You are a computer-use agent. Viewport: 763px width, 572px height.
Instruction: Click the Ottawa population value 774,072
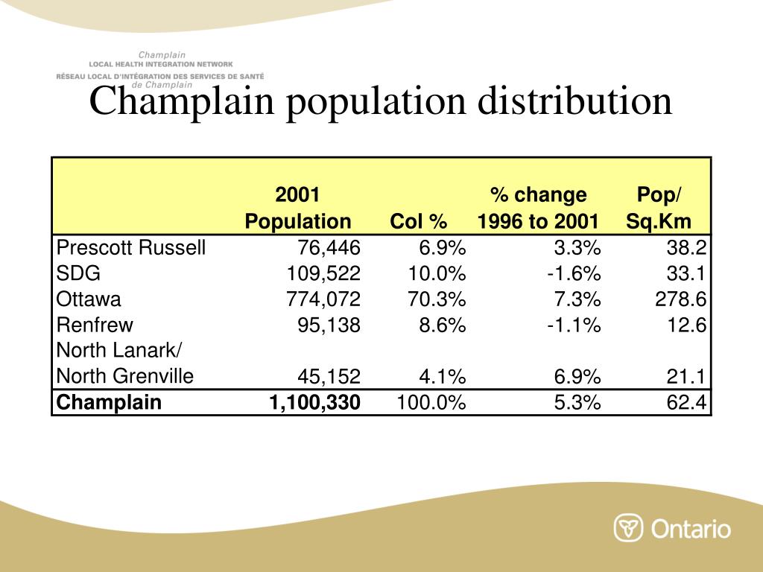point(323,299)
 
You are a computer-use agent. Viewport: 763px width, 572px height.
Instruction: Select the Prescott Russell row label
point(131,248)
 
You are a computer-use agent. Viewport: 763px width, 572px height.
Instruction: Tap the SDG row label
point(78,273)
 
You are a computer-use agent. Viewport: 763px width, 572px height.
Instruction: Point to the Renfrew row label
point(95,325)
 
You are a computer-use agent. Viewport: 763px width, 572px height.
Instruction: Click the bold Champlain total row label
point(109,403)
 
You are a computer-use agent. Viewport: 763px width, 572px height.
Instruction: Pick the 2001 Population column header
point(298,208)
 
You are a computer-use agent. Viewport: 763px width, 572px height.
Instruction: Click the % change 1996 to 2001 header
point(538,208)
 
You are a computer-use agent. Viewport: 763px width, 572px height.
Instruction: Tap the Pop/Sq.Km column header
point(659,208)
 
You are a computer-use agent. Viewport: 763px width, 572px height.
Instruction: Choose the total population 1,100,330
point(314,403)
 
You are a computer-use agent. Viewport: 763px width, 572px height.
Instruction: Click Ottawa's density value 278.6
point(681,299)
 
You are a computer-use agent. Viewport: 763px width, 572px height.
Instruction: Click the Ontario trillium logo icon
point(628,528)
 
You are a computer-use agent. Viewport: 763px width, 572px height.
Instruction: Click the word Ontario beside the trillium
point(691,529)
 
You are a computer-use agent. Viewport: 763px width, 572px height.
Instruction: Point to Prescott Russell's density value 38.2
point(688,248)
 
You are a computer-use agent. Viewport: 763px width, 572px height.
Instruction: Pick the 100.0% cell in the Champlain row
point(431,403)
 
